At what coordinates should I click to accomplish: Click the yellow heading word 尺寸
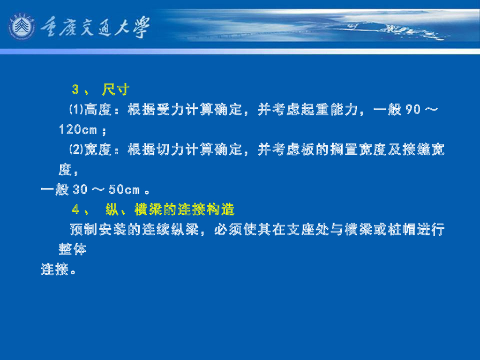[x=115, y=90]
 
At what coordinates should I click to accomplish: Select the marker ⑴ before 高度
[x=76, y=110]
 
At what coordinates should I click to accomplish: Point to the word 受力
[x=171, y=110]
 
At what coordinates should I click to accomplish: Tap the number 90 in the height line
[x=412, y=110]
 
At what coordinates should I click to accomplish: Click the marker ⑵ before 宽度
[x=76, y=150]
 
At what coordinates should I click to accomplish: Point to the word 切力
[x=171, y=150]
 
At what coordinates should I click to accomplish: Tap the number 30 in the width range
[x=80, y=190]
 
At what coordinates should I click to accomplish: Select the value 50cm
[x=124, y=190]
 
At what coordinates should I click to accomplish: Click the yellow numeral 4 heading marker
[x=75, y=210]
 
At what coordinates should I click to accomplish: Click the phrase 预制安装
[x=98, y=230]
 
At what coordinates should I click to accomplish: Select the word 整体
[x=73, y=249]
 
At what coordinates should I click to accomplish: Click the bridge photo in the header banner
[x=375, y=26]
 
